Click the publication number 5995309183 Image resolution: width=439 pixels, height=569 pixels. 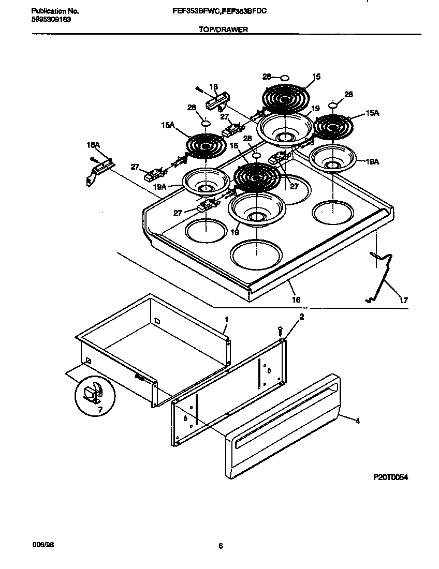(x=48, y=19)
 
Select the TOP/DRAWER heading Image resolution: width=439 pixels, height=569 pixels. (x=223, y=30)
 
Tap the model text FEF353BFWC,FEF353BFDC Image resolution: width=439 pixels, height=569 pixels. (x=224, y=10)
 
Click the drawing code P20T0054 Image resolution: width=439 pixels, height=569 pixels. (x=391, y=477)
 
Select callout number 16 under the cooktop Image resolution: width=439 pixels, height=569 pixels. (x=296, y=300)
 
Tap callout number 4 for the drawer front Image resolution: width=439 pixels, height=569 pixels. (x=357, y=421)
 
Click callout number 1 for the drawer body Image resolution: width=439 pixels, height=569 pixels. (x=226, y=320)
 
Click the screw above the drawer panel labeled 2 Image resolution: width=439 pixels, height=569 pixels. (x=280, y=329)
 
